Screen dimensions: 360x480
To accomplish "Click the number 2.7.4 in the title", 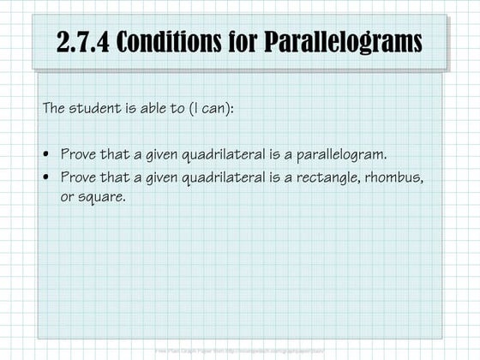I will point(83,42).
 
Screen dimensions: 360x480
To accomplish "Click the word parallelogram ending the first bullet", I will point(343,154).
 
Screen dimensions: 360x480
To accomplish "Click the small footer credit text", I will point(240,351).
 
